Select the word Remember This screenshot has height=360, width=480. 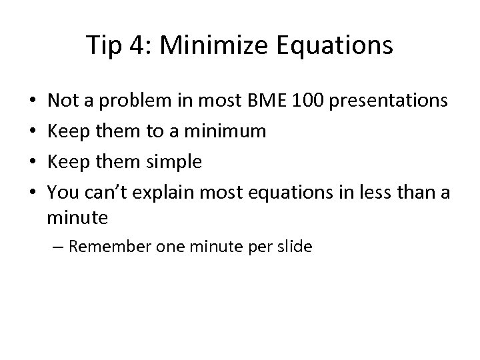(109, 247)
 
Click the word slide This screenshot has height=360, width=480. (296, 247)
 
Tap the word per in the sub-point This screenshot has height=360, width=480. (261, 247)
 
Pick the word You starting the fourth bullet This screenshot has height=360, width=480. (62, 192)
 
